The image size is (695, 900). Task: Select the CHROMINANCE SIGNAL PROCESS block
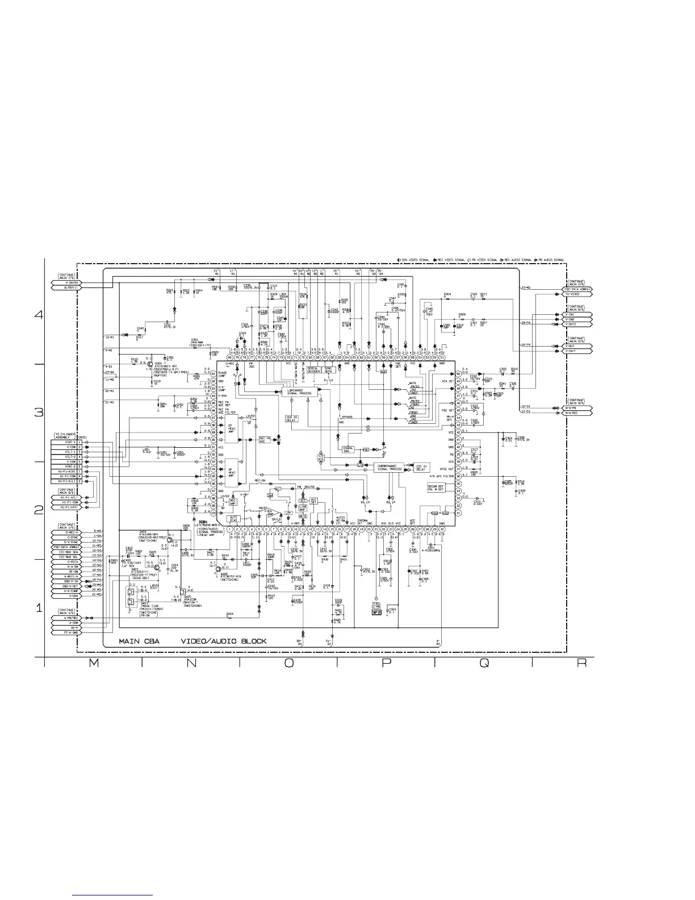390,468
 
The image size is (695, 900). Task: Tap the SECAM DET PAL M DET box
438,488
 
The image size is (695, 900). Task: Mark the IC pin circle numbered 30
442,529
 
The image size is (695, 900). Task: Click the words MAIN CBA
139,641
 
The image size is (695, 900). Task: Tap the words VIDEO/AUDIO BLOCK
223,641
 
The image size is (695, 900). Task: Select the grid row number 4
39,314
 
